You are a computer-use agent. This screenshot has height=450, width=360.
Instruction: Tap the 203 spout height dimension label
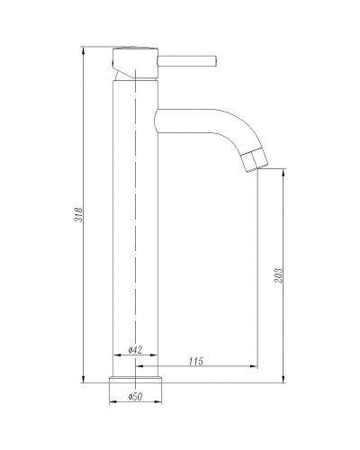(280, 273)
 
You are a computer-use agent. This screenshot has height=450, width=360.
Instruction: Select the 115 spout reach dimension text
(196, 362)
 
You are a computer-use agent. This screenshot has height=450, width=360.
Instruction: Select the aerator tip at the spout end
(254, 158)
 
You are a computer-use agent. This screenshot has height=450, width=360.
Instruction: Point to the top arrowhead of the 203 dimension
(284, 170)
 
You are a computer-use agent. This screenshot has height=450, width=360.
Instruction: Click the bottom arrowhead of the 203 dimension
(284, 381)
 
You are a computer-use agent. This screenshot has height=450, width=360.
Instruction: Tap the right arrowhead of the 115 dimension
(252, 367)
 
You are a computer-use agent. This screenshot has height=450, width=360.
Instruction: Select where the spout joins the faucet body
(159, 120)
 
